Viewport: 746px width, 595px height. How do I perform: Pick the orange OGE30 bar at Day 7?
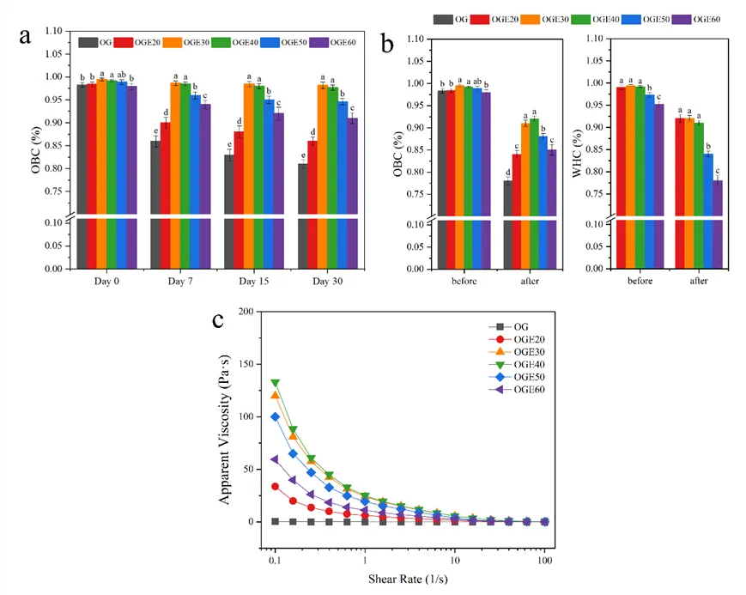175,172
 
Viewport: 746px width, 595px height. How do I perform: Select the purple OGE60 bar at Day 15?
279,189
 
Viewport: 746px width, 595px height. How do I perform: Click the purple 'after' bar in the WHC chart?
717,223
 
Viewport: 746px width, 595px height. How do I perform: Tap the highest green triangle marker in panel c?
276,383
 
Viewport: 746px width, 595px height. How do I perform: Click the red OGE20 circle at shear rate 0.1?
276,486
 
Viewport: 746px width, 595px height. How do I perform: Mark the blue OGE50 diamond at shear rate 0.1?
276,417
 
